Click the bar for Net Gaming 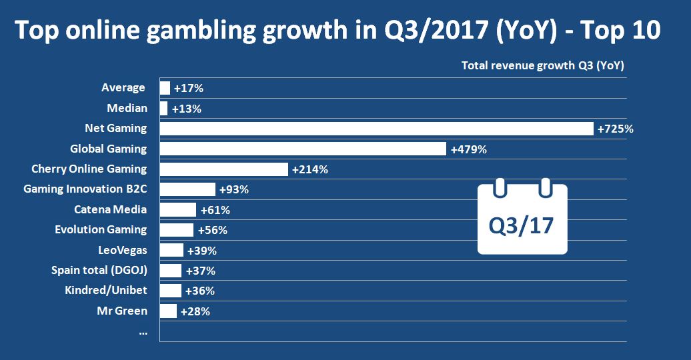[x=376, y=129]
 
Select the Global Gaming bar [x=303, y=149]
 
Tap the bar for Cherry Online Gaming [x=223, y=169]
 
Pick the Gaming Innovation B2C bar [x=187, y=189]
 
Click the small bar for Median [x=163, y=109]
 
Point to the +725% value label [x=615, y=129]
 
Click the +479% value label [x=468, y=149]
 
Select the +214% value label [x=309, y=169]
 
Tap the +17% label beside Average [x=188, y=88]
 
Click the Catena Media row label [x=110, y=209]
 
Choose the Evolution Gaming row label [x=100, y=229]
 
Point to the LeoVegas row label [x=122, y=250]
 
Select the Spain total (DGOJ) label [x=99, y=270]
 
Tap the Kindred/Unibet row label [x=105, y=291]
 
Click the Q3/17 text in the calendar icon [x=522, y=225]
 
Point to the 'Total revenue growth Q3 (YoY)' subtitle [x=543, y=65]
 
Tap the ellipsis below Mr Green [x=143, y=331]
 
